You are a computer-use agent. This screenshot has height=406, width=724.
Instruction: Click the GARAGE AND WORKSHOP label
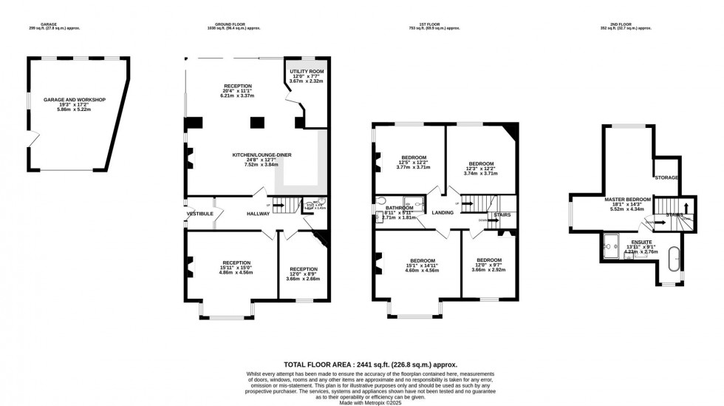coord(74,99)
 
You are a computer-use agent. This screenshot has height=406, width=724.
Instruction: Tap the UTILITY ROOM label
coord(307,71)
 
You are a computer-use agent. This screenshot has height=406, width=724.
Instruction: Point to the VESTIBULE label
coord(199,214)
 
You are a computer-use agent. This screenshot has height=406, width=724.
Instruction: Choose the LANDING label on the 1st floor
coord(443,213)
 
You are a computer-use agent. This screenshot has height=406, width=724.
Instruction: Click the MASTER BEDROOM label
coord(627,199)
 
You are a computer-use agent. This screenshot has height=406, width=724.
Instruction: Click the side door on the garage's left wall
coord(30,138)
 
